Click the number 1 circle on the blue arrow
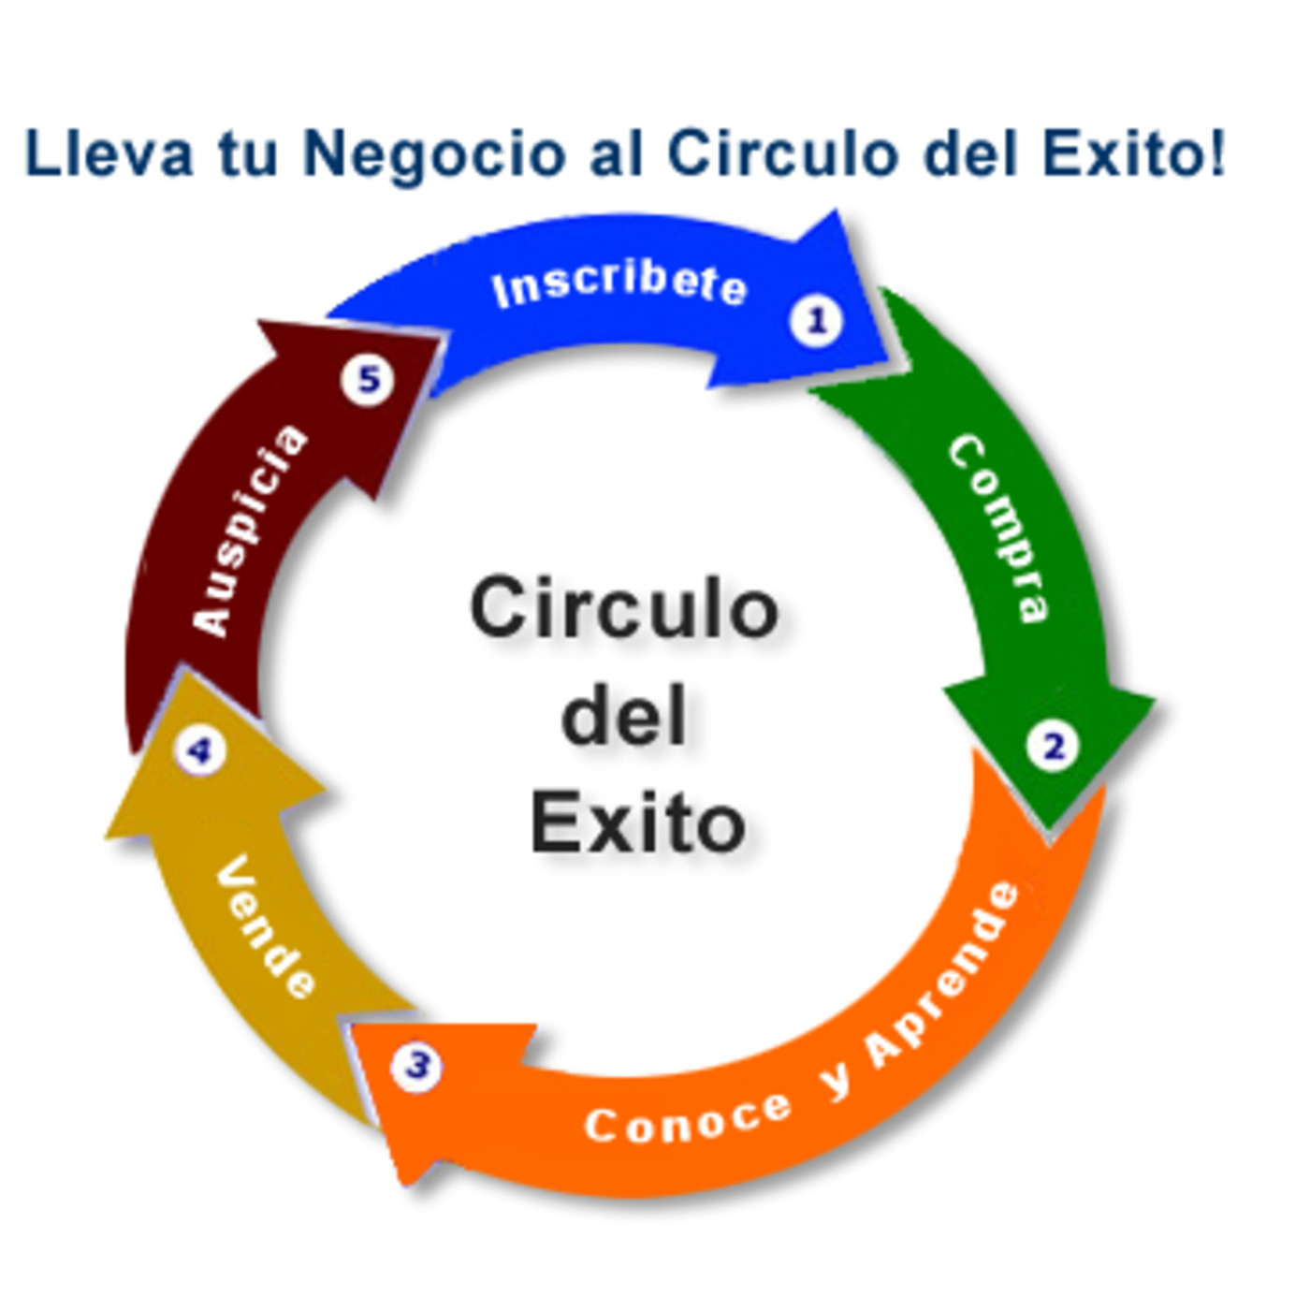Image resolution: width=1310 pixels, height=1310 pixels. (x=817, y=320)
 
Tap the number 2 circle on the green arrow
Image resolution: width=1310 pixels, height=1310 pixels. (x=1053, y=747)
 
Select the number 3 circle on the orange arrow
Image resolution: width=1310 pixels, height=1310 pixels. (x=416, y=1065)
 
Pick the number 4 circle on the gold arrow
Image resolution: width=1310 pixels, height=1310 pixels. (x=199, y=751)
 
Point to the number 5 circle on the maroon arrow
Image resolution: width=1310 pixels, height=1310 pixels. (x=368, y=380)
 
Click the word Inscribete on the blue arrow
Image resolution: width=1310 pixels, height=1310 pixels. (x=619, y=285)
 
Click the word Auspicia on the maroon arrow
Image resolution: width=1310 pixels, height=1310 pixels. (x=249, y=531)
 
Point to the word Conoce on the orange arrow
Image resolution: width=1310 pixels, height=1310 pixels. (x=688, y=1120)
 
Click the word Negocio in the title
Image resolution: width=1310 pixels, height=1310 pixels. (x=434, y=155)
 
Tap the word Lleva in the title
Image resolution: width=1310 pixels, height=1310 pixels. (x=109, y=153)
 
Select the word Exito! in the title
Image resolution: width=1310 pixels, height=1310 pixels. (x=1133, y=153)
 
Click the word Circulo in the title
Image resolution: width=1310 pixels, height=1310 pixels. (x=781, y=153)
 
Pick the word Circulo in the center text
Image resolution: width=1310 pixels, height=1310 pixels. (x=624, y=607)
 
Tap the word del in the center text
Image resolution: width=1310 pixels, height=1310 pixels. (x=623, y=715)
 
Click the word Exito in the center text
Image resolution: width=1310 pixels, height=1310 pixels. (x=637, y=822)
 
